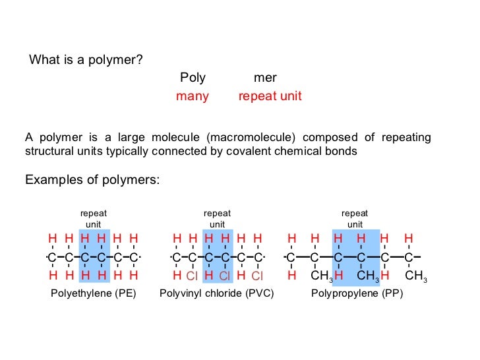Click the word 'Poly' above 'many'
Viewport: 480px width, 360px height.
[x=193, y=78]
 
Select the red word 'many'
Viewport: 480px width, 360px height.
[x=192, y=96]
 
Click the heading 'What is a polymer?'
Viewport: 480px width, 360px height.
[x=86, y=60]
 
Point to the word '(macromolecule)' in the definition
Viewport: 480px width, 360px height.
[x=253, y=137]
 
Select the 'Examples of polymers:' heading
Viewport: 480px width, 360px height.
[x=92, y=179]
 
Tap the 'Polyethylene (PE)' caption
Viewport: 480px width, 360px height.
[x=93, y=293]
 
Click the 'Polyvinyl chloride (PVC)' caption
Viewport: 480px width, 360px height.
[x=216, y=293]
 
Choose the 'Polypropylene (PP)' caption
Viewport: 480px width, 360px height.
[x=356, y=293]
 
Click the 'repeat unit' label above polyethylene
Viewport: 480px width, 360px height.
[x=93, y=219]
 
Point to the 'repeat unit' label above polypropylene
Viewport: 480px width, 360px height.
[x=355, y=219]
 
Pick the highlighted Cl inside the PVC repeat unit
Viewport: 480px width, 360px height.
[x=224, y=276]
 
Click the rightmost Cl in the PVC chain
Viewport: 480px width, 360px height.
[x=257, y=276]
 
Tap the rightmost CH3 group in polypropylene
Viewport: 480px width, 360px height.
[x=415, y=276]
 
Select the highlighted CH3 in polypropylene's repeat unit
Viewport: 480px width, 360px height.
[x=368, y=276]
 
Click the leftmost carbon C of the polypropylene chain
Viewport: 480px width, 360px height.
[x=291, y=257]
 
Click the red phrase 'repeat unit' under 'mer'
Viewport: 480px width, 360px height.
[x=270, y=96]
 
